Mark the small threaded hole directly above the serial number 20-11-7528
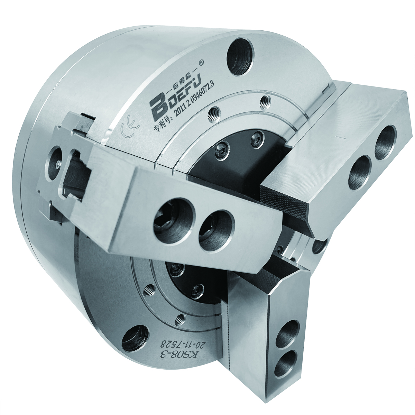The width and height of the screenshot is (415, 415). (x=179, y=319)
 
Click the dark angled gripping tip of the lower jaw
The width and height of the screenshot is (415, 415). (x=263, y=276)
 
